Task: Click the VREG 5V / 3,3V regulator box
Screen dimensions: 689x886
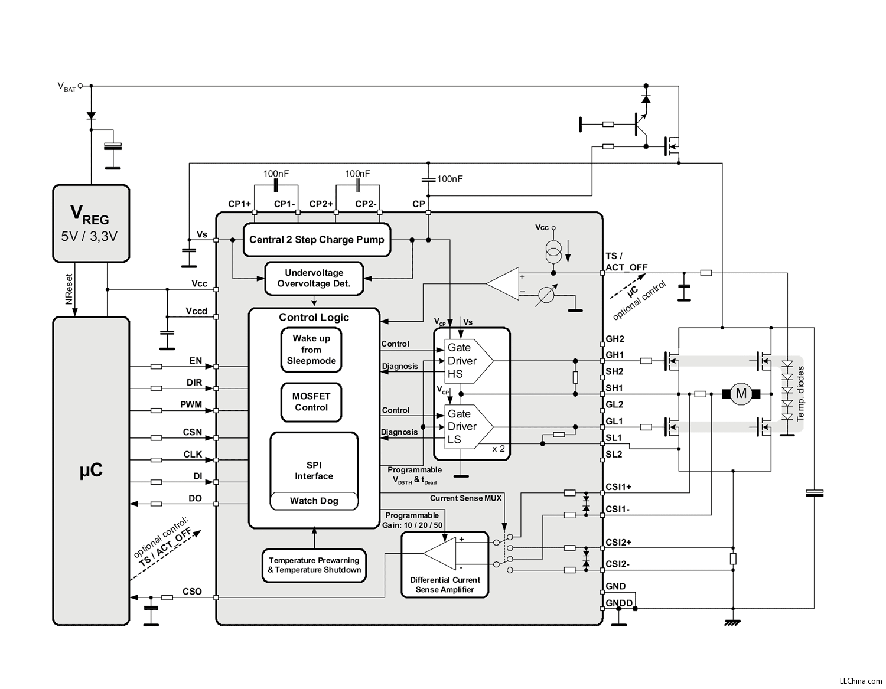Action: click(x=91, y=224)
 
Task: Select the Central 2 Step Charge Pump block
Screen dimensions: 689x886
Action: click(x=317, y=240)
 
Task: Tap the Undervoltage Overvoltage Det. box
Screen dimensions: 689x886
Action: click(x=314, y=278)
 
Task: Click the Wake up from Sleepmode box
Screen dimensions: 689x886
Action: click(x=311, y=350)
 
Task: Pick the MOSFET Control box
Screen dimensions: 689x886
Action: click(x=311, y=402)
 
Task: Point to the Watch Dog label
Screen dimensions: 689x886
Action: click(x=314, y=501)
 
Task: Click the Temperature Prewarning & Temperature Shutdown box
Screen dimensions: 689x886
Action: click(x=314, y=565)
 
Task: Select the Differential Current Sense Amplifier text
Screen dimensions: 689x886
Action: click(x=445, y=584)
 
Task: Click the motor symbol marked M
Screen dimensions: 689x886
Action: click(x=741, y=394)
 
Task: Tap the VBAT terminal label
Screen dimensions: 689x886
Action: click(x=66, y=87)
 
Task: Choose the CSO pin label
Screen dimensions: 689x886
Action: click(x=192, y=592)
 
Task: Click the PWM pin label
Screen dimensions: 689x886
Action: click(x=191, y=405)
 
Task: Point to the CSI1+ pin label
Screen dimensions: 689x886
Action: click(x=618, y=487)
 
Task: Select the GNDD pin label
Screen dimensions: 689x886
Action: click(x=619, y=603)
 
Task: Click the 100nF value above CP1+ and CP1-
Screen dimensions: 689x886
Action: click(x=276, y=174)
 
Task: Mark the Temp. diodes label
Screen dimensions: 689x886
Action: click(x=800, y=393)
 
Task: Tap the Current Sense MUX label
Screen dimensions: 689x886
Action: click(x=465, y=498)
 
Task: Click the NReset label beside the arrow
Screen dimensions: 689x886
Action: click(x=69, y=289)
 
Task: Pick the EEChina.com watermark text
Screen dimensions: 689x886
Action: click(x=861, y=681)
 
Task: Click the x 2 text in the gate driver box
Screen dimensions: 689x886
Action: click(x=499, y=449)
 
